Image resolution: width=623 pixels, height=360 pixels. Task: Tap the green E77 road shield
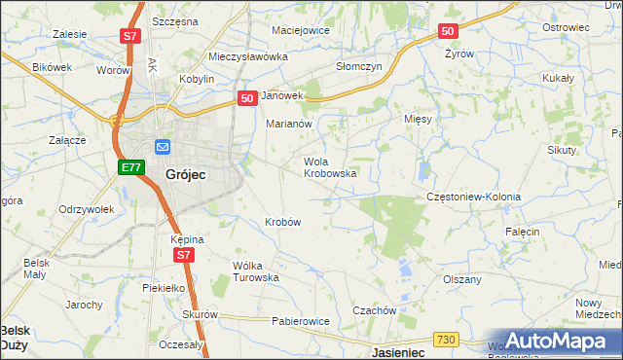coord(131,168)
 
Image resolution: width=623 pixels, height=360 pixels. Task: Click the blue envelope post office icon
coord(162,147)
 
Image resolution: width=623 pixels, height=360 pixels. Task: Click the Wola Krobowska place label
coord(330,167)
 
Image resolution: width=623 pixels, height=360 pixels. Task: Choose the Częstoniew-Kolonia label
coord(474,197)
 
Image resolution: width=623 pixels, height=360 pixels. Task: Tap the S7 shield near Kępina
coord(185,255)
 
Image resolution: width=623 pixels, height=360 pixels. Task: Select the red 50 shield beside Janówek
coord(247,96)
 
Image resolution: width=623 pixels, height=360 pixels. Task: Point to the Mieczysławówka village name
coord(248,57)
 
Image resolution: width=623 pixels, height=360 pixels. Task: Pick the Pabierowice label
coord(300,321)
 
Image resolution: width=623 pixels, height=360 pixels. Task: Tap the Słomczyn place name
coord(359,66)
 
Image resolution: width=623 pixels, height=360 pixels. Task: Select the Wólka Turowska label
coord(256,270)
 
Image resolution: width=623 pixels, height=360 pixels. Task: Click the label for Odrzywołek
coord(87,209)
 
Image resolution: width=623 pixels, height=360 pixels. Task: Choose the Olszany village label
coord(462,279)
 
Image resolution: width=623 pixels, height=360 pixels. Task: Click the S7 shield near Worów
coord(130,37)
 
